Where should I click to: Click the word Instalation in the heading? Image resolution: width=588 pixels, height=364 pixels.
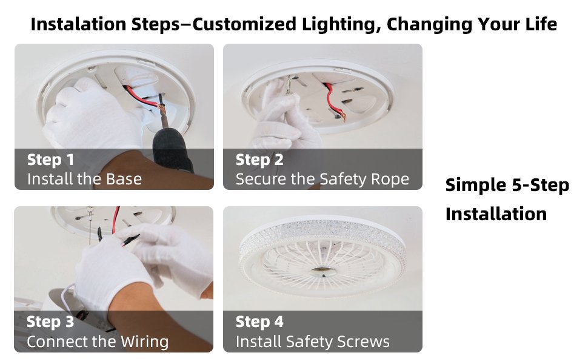click(x=79, y=25)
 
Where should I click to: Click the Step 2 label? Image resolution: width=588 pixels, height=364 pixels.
click(x=259, y=160)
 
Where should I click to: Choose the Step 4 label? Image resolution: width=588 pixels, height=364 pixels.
click(x=259, y=322)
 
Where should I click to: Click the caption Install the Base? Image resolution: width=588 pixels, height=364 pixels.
click(x=84, y=179)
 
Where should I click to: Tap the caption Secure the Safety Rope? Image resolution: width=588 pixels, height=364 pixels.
click(x=322, y=179)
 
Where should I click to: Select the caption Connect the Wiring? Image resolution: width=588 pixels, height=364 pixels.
click(x=98, y=341)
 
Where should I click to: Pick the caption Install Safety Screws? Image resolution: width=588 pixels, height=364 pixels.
click(x=312, y=341)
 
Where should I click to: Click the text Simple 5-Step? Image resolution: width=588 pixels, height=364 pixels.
click(x=507, y=185)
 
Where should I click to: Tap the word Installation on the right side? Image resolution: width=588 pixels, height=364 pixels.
click(x=496, y=214)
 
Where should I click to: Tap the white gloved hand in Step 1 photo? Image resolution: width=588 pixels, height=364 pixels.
click(x=91, y=121)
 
